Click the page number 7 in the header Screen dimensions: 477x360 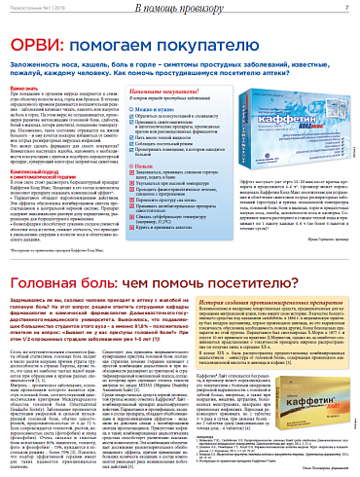pyautogui.click(x=345, y=8)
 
